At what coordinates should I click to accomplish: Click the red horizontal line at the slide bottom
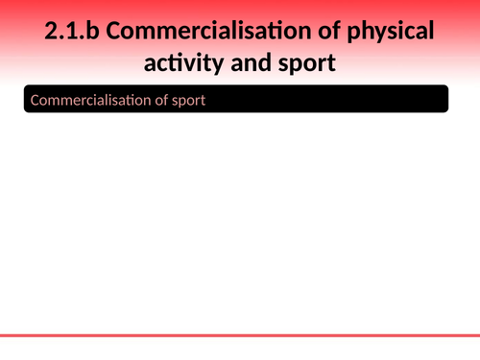pyautogui.click(x=240, y=336)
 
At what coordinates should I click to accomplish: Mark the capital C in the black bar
pyautogui.click(x=36, y=99)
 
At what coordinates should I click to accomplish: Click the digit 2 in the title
pyautogui.click(x=51, y=32)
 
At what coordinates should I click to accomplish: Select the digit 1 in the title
pyautogui.click(x=69, y=32)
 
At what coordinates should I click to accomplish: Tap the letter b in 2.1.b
pyautogui.click(x=88, y=32)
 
